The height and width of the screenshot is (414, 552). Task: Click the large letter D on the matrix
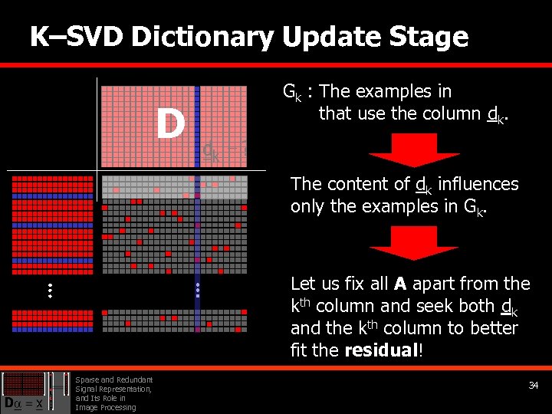(169, 123)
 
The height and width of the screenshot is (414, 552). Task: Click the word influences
(476, 184)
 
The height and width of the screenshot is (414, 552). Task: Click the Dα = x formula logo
(25, 402)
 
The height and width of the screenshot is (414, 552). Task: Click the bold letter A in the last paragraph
(399, 284)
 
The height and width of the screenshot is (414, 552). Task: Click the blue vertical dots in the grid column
(197, 290)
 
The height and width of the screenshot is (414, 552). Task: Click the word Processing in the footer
(117, 407)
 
